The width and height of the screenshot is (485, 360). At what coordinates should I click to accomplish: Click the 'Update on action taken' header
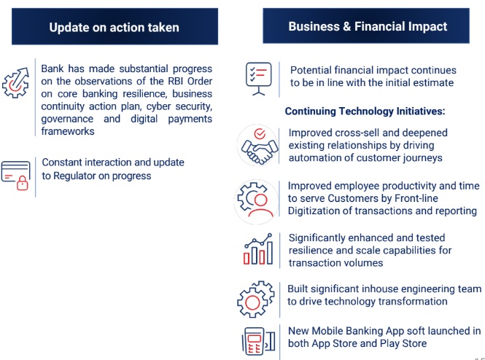115,26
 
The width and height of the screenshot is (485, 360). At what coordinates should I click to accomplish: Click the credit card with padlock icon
15,175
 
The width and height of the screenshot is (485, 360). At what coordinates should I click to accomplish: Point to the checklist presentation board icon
259,79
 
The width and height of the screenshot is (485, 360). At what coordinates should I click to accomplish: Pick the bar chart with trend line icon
258,249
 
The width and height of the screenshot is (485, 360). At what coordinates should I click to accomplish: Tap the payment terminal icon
258,341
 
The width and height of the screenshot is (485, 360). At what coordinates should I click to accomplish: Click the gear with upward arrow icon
15,83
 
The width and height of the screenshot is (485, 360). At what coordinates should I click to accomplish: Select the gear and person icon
255,200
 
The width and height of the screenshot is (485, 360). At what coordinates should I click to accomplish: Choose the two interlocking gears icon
255,299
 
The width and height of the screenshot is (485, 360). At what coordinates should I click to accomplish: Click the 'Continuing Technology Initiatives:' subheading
365,111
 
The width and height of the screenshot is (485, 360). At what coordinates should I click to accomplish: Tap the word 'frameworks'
68,131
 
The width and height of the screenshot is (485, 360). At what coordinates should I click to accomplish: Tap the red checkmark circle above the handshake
260,134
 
